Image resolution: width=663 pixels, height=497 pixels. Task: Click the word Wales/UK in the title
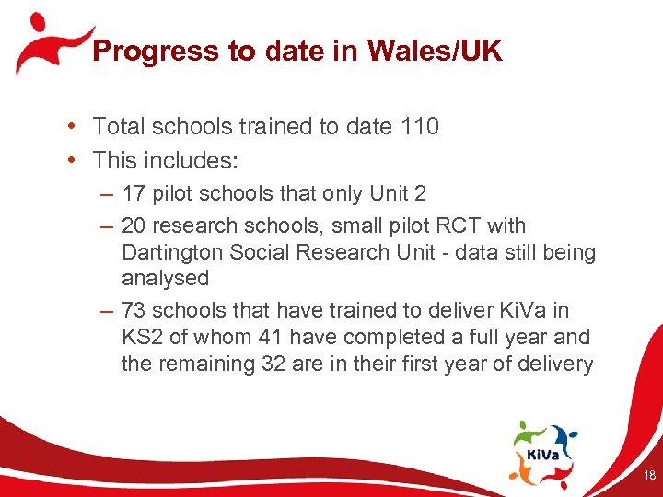tap(435, 52)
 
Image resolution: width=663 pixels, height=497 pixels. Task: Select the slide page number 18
tap(649, 476)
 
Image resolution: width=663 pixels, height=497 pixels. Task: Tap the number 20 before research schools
tap(134, 225)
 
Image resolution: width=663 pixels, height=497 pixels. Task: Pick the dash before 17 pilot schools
tap(109, 195)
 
